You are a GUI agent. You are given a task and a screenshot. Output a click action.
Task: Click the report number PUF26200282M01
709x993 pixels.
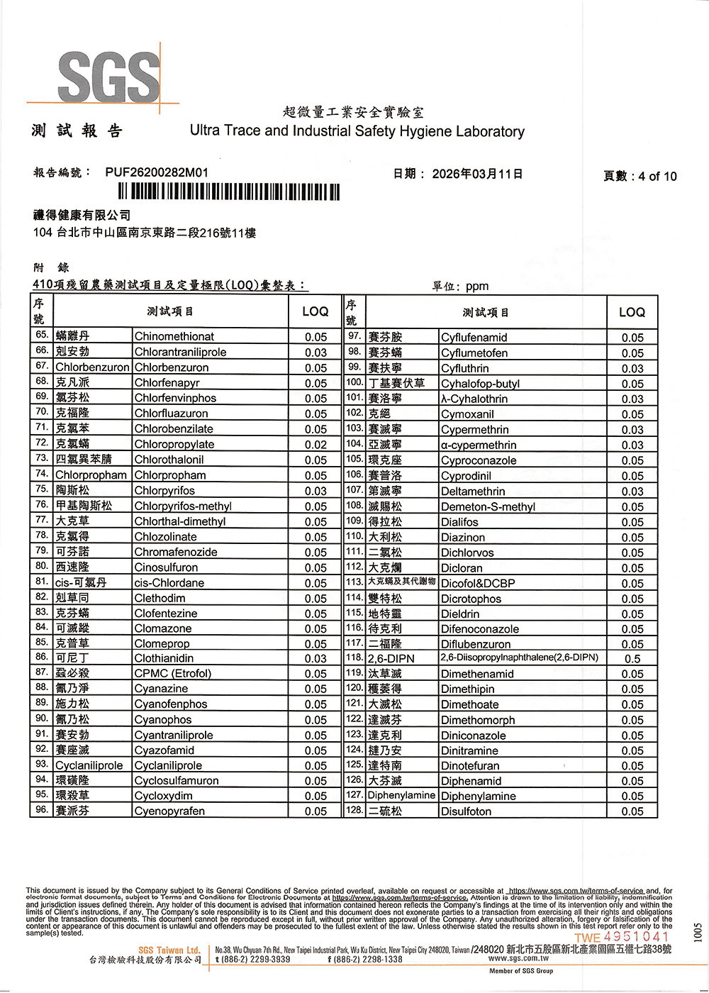[x=157, y=172]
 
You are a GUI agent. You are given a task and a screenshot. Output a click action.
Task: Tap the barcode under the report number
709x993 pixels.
[x=229, y=192]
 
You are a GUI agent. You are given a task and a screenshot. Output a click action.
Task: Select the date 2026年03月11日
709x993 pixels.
[x=477, y=174]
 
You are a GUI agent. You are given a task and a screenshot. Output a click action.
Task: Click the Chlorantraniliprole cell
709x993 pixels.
[x=181, y=353]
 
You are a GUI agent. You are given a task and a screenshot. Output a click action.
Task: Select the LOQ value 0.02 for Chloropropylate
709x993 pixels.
[x=316, y=445]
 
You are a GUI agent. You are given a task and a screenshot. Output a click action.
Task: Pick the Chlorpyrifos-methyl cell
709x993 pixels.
[x=183, y=506]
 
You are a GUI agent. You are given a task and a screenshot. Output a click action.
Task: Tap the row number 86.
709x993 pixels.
[x=42, y=658]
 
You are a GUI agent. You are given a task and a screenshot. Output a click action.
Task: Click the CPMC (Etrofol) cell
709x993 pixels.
[x=173, y=673]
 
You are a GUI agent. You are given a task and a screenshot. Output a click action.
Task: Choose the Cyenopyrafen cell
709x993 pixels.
[x=169, y=811]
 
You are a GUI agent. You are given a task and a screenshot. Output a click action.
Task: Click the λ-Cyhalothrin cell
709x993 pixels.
[x=474, y=399]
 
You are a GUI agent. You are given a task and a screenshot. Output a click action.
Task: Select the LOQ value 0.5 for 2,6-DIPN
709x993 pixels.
[x=632, y=659]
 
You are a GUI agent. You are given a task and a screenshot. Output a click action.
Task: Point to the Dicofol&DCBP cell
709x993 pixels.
[x=478, y=584]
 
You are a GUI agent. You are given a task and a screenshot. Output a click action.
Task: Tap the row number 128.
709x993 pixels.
[x=354, y=810]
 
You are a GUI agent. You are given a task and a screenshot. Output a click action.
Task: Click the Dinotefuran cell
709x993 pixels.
[x=470, y=766]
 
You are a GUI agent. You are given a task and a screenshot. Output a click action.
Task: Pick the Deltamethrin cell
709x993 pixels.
[x=473, y=492]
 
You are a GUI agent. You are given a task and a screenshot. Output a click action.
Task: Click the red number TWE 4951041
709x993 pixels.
[x=622, y=937]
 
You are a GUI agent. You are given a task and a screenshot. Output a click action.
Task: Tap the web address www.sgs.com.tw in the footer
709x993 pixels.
[x=518, y=958]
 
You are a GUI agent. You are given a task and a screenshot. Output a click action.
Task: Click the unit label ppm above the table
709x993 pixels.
[x=477, y=287]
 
